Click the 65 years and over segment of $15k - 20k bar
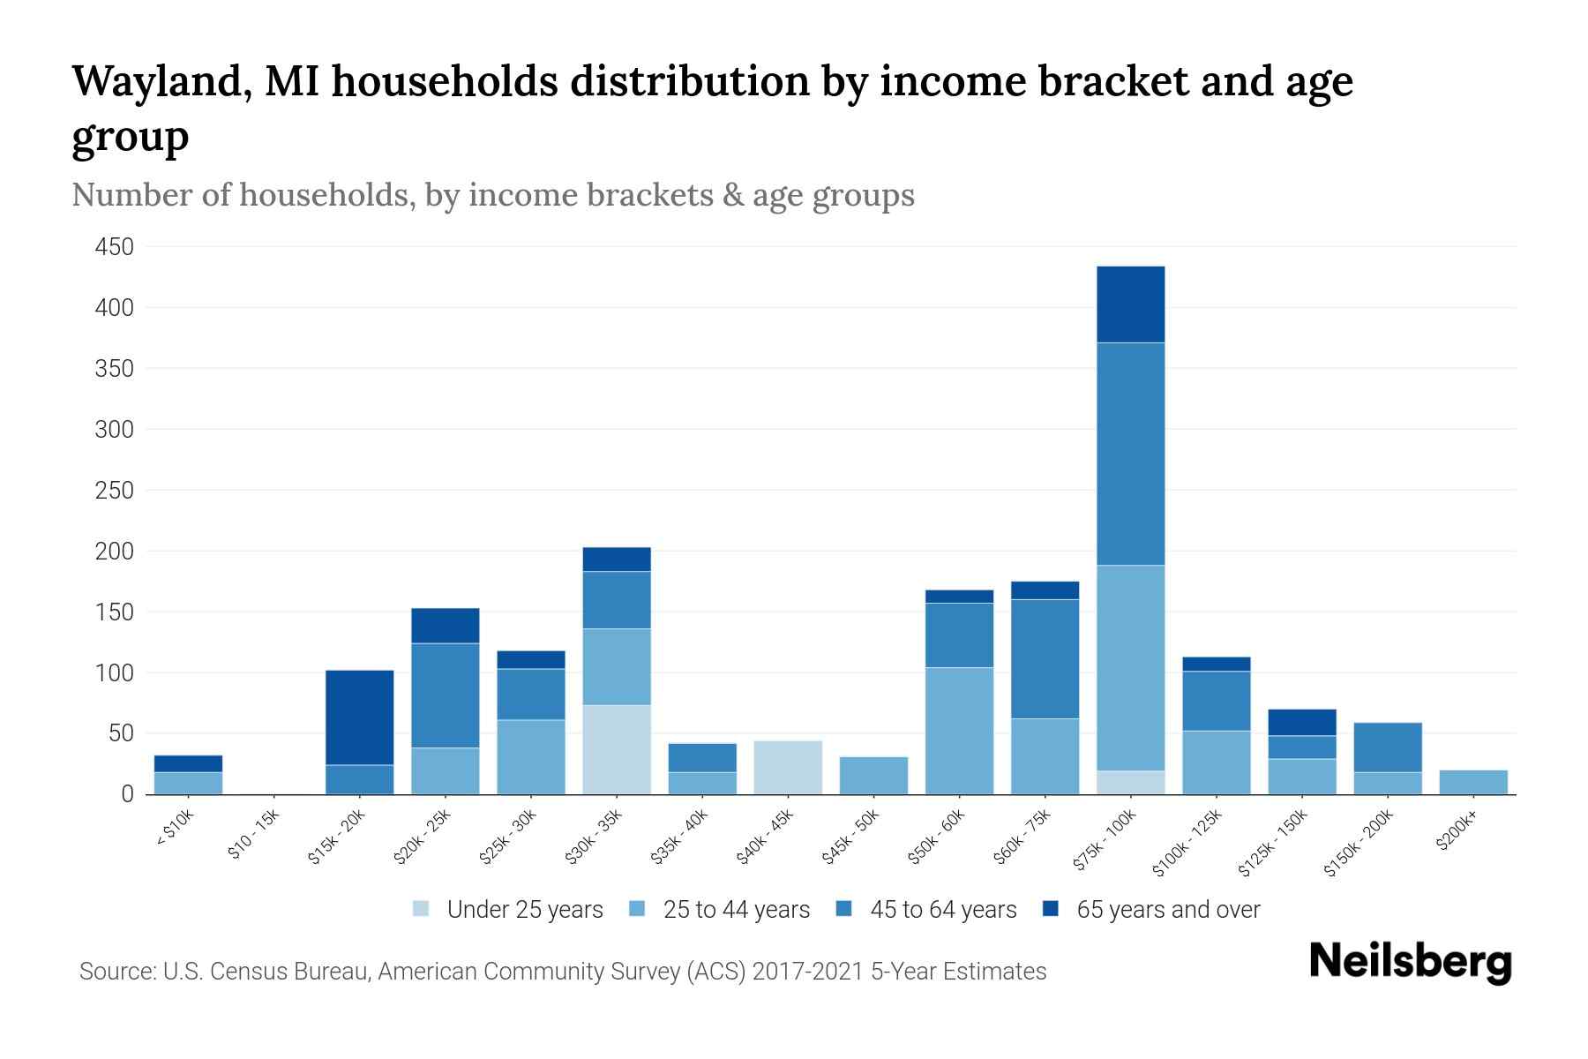tap(359, 717)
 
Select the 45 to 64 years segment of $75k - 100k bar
tap(1130, 454)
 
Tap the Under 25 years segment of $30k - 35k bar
tap(617, 749)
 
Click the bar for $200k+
tap(1472, 782)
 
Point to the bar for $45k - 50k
tap(873, 775)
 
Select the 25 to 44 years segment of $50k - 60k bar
tap(959, 731)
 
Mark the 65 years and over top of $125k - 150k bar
tap(1301, 722)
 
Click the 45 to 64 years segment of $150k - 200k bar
tap(1387, 747)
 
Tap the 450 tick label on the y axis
tap(114, 247)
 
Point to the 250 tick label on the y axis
tap(114, 491)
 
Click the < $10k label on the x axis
tap(176, 830)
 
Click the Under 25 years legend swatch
tap(422, 909)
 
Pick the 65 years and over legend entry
tap(1167, 909)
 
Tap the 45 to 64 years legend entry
tap(942, 909)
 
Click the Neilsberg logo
tap(1411, 962)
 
